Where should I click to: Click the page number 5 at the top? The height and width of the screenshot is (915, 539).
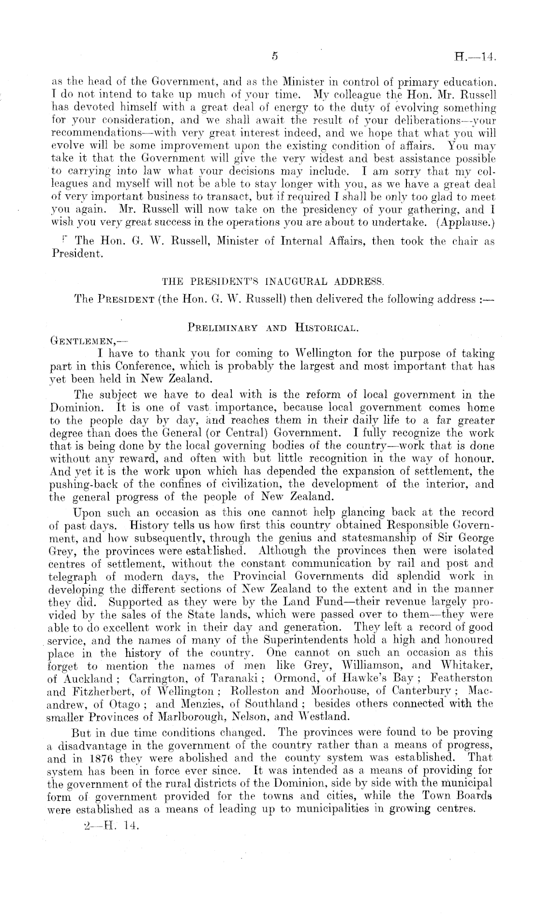coord(274,57)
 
